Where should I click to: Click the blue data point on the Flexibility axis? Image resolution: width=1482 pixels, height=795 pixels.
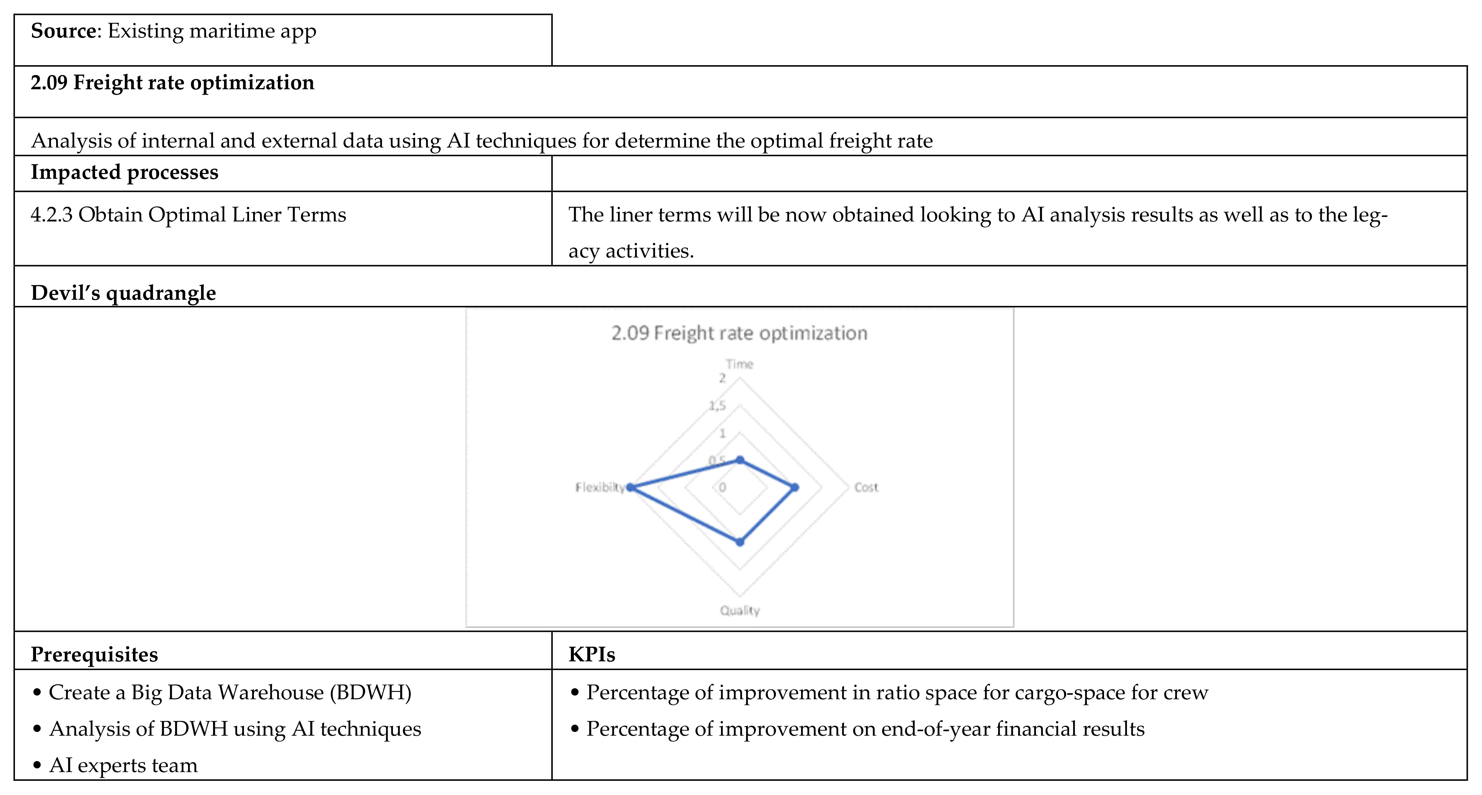coord(631,487)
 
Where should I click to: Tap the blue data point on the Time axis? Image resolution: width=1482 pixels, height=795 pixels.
coord(740,460)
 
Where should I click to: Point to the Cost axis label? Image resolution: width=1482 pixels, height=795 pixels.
coord(866,487)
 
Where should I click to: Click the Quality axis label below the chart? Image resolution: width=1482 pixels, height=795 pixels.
coord(740,610)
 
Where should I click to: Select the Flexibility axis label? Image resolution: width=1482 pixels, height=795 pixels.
coord(599,487)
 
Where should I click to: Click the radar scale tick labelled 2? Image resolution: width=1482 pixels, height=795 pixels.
coord(722,378)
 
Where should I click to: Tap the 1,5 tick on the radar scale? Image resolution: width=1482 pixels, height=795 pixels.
coord(717,406)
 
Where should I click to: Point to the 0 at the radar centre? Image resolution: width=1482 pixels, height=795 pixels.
coord(722,487)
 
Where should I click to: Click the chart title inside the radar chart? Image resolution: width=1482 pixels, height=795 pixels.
coord(739,333)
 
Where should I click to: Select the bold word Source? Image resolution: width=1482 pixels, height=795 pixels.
coord(64,31)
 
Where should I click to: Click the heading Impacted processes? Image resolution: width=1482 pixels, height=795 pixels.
coord(124,172)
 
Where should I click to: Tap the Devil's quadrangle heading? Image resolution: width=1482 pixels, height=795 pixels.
coord(123,293)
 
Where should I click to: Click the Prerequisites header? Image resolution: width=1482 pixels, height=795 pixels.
coord(94,654)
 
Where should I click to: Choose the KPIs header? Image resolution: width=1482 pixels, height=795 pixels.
coord(591,654)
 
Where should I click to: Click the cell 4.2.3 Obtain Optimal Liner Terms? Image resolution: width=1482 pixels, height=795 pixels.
coord(188,215)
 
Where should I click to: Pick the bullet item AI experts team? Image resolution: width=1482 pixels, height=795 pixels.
coord(123,765)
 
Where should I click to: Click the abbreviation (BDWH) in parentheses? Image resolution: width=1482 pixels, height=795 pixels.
coord(371,692)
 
